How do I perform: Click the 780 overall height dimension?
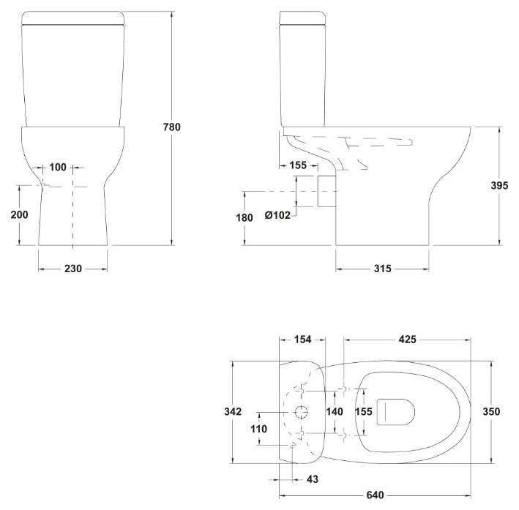click(172, 127)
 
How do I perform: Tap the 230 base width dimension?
click(72, 269)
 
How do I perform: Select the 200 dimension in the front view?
click(19, 214)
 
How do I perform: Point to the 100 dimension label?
click(58, 167)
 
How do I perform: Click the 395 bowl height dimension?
click(499, 185)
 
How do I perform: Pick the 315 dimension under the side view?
click(383, 269)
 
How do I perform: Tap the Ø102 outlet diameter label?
click(277, 215)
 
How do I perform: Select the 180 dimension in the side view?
click(244, 217)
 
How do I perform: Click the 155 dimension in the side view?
click(298, 165)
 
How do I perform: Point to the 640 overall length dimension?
click(375, 495)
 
